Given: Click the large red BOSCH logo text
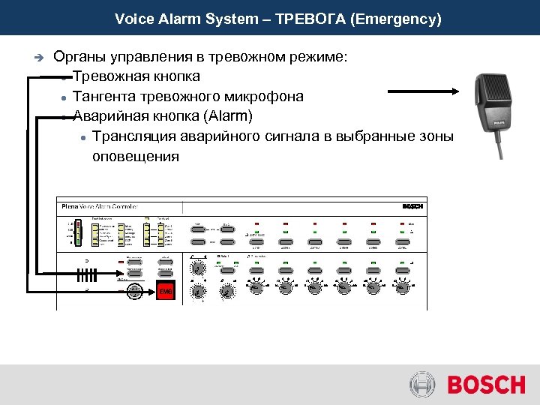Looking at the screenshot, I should point(486,385).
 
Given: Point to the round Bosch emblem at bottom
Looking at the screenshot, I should point(422,385).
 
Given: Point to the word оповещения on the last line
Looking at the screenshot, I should point(136,156).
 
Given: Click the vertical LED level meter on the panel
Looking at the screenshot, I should point(76,232).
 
